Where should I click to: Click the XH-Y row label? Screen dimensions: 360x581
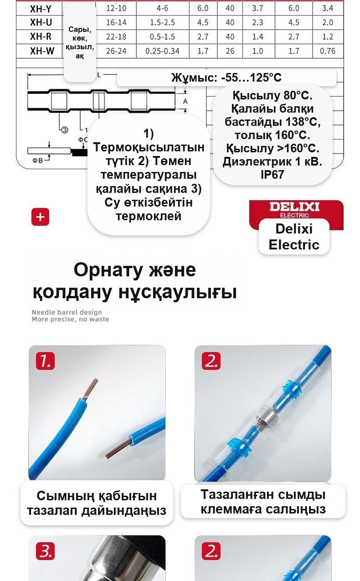tap(41, 9)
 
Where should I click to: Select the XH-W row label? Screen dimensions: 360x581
tap(42, 51)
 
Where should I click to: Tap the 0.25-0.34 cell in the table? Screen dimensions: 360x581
tap(162, 51)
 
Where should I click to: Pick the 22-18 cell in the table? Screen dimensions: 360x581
tap(116, 36)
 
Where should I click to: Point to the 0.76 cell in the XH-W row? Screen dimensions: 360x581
tap(328, 51)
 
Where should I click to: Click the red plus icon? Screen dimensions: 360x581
tap(40, 217)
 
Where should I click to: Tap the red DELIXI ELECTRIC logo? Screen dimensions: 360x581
tap(296, 210)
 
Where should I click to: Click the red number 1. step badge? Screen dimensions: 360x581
tap(46, 361)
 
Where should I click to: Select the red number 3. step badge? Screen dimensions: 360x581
tap(46, 551)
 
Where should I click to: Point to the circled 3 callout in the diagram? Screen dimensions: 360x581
tap(65, 130)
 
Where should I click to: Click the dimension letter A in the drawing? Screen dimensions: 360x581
tap(185, 101)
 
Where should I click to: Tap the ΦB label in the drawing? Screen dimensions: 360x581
tap(37, 161)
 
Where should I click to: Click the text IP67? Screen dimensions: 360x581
tap(273, 175)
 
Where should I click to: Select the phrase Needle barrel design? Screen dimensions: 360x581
tap(67, 312)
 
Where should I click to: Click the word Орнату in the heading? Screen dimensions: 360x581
tap(108, 270)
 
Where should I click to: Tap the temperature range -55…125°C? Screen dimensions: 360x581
tap(251, 77)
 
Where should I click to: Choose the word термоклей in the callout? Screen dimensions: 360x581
tap(149, 216)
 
